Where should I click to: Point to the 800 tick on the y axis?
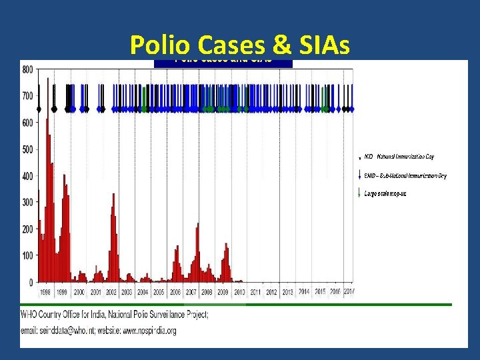[27, 69]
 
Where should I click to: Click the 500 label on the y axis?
[27, 149]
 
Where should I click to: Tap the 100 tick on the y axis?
[27, 256]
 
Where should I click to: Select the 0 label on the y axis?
[31, 283]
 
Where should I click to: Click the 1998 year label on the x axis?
[45, 293]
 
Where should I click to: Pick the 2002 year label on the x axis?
[111, 293]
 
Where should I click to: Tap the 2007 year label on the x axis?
[191, 293]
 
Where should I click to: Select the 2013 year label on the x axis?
[288, 293]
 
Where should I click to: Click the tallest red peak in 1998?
[47, 120]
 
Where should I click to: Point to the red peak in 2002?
[114, 195]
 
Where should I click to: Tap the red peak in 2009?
[227, 245]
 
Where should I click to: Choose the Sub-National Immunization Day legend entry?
[405, 176]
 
